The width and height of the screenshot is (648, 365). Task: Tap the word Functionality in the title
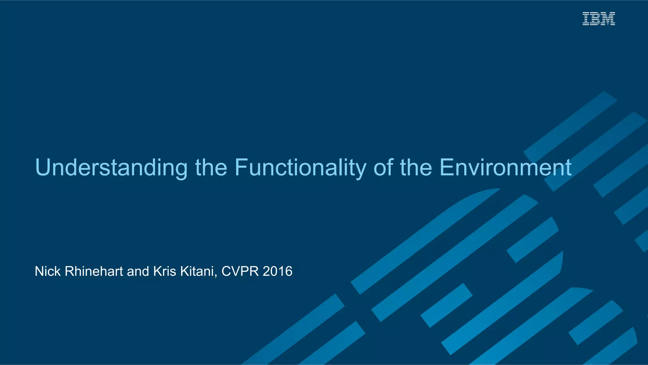pyautogui.click(x=300, y=168)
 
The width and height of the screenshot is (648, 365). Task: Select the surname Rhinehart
pyautogui.click(x=94, y=271)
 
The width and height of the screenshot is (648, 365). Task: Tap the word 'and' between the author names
pyautogui.click(x=138, y=271)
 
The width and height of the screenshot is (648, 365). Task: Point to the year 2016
pyautogui.click(x=277, y=271)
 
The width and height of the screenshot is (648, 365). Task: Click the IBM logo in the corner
pyautogui.click(x=599, y=19)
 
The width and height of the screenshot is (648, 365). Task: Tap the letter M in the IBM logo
pyautogui.click(x=607, y=19)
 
